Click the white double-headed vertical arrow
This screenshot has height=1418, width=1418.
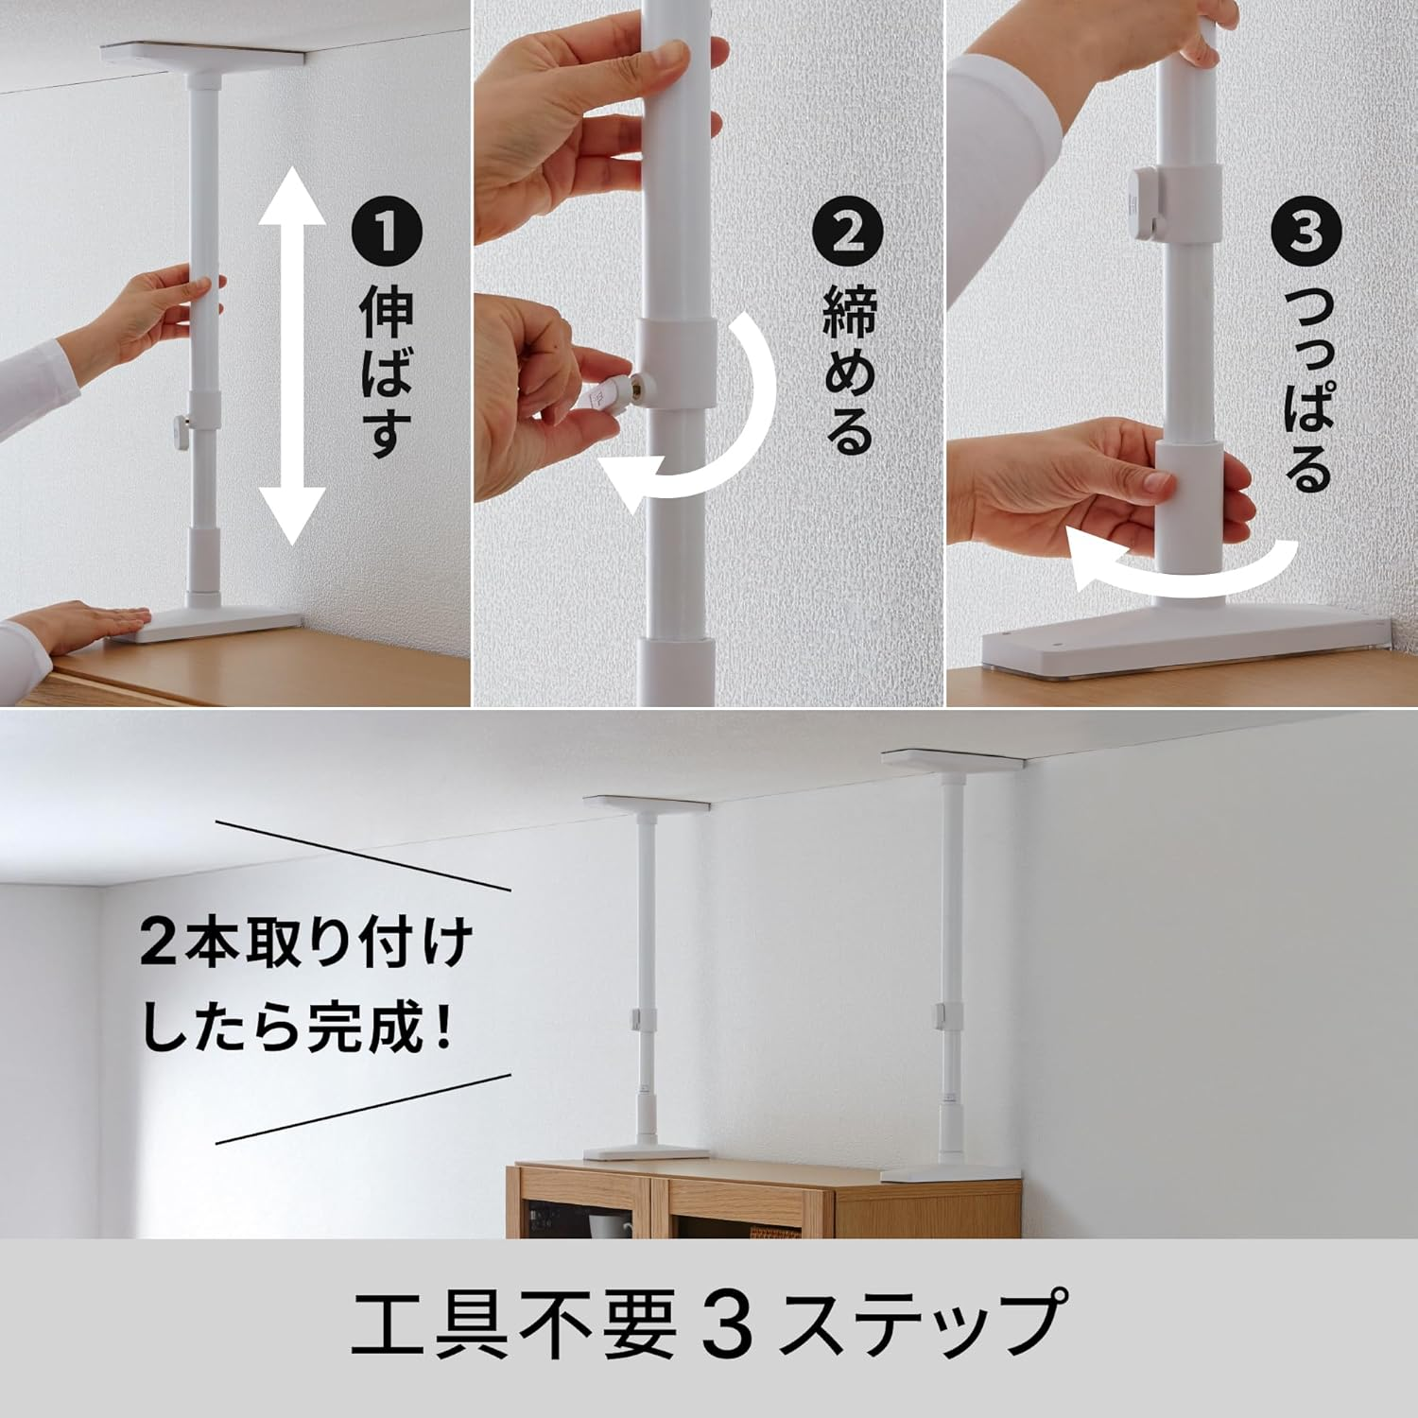pos(293,354)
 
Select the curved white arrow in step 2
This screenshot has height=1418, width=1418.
pos(704,425)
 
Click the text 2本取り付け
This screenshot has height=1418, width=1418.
pos(305,943)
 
